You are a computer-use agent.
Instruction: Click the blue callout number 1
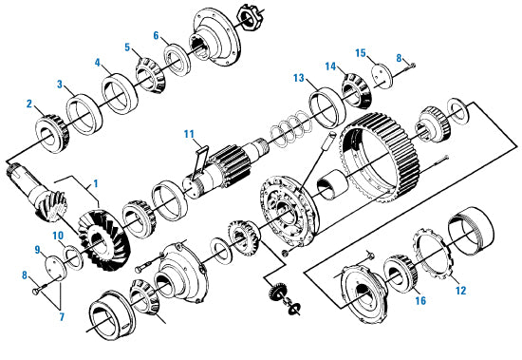96,184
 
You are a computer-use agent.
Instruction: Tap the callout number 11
189,134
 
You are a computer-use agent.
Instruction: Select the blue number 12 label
460,291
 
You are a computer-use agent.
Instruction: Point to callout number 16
420,301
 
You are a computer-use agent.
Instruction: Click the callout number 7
62,316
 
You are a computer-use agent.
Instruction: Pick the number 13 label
299,78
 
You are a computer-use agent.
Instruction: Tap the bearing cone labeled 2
51,132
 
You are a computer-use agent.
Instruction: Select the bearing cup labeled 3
84,114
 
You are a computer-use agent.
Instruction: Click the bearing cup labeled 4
120,93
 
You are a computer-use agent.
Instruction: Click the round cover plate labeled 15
381,76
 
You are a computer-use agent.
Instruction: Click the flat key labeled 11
202,159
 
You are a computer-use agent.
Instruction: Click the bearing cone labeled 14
356,90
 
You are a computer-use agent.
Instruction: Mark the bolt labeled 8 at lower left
39,290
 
